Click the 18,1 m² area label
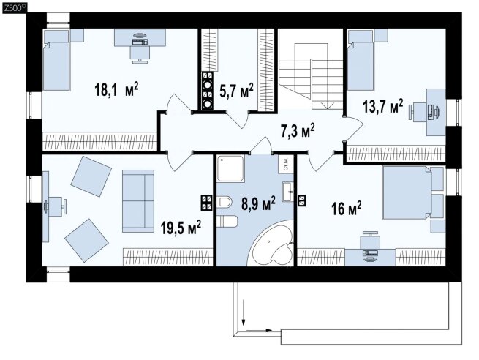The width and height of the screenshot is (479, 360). (x=116, y=89)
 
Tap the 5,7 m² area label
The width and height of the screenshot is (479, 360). (x=237, y=90)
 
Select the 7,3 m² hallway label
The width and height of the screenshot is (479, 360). (x=298, y=131)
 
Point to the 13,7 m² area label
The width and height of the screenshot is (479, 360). (x=382, y=106)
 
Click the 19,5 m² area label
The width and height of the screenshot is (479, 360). (x=181, y=228)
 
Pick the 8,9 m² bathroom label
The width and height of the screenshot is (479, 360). (x=258, y=204)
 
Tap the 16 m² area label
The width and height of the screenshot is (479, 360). (x=347, y=209)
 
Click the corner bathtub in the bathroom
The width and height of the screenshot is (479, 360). (x=272, y=244)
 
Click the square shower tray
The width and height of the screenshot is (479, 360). (x=230, y=169)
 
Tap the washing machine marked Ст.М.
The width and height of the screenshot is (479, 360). (x=286, y=165)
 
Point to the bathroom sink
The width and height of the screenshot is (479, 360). (x=288, y=192)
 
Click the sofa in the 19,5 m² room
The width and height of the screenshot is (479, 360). (x=138, y=201)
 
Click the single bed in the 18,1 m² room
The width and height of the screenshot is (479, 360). (x=56, y=60)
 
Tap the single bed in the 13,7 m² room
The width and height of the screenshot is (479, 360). (x=361, y=60)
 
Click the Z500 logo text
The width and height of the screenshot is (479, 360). (x=14, y=8)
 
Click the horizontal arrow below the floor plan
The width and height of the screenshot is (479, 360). (x=259, y=330)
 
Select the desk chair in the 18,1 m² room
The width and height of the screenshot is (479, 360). (x=140, y=54)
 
